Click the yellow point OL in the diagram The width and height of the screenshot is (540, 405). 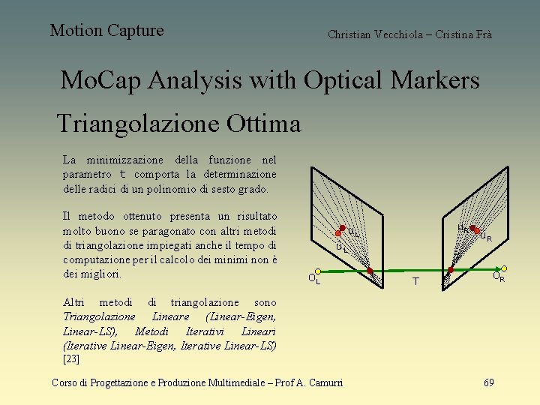317,271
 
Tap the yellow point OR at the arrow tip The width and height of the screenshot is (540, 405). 505,268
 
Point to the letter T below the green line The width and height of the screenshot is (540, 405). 414,282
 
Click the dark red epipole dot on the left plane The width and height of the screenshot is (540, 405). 369,270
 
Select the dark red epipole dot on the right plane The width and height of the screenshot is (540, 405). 451,269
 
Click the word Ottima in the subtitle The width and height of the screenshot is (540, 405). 262,123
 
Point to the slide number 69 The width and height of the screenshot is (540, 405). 488,382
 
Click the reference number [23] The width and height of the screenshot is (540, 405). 71,358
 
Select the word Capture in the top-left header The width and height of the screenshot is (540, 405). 135,31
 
